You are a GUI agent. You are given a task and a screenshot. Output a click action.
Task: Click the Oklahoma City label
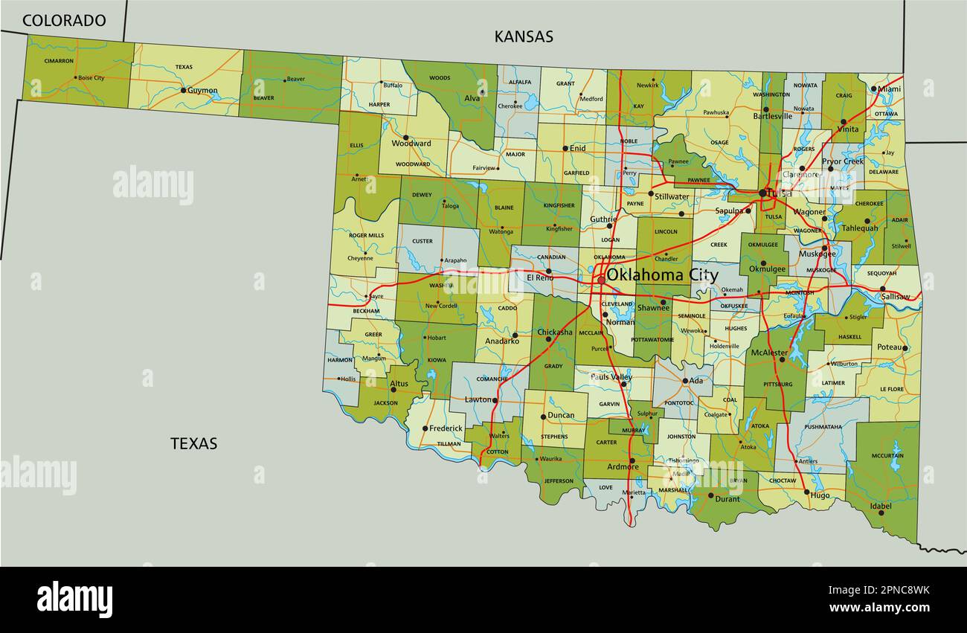coord(662,275)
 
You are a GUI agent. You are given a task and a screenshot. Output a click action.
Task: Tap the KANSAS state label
coord(524,36)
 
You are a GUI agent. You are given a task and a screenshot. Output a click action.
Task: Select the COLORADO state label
coord(64,21)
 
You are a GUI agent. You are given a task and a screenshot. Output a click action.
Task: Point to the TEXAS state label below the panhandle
coord(194,443)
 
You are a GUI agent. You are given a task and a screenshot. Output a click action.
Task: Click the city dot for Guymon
coord(184,90)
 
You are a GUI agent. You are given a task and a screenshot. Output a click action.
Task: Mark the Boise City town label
coord(91,78)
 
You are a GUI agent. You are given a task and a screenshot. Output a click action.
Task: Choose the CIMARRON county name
coord(59,61)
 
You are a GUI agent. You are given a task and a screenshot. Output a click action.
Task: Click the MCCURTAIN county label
coord(887,456)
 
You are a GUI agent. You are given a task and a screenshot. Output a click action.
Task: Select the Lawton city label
coord(478,399)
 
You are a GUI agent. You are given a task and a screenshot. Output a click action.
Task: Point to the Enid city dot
coord(565,149)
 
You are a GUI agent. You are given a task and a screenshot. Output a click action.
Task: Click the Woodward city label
coord(411,144)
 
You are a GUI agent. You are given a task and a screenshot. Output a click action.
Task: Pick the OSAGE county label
coord(719,142)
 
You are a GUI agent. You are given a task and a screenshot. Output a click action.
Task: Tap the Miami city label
coord(889,89)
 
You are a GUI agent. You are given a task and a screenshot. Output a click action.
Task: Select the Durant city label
coord(727,498)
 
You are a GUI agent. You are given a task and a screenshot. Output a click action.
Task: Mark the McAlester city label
coord(769,353)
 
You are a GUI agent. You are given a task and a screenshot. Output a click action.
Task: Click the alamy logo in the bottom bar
coord(74,600)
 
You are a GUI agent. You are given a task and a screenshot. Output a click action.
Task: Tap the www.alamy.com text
coord(880,607)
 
